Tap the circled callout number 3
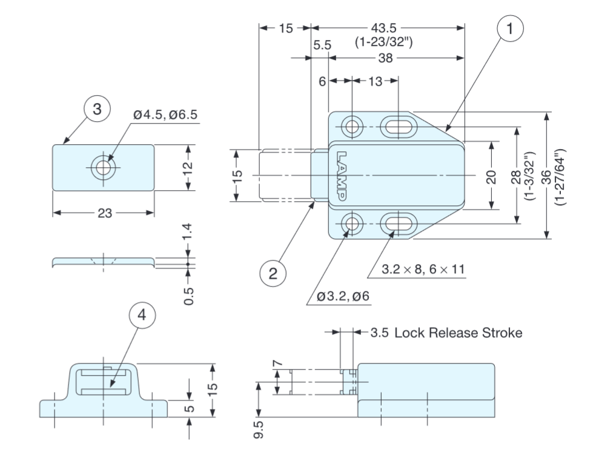(97, 109)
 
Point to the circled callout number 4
(141, 315)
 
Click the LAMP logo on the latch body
(342, 176)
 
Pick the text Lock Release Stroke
(458, 333)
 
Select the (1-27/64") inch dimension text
(560, 176)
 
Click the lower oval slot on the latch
(398, 225)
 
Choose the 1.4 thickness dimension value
(188, 233)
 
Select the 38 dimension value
(385, 58)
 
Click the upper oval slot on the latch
(398, 127)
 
